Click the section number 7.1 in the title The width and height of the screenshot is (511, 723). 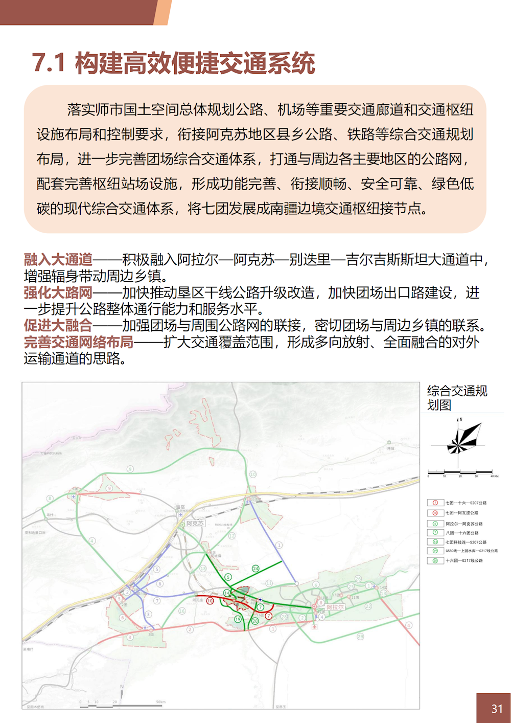click(49, 63)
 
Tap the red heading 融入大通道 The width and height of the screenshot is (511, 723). click(58, 260)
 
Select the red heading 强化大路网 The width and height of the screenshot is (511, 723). click(58, 293)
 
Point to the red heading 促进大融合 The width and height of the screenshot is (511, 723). click(58, 326)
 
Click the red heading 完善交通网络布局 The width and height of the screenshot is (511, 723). click(79, 342)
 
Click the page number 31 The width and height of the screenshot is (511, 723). click(497, 709)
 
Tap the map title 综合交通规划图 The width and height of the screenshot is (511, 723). click(457, 398)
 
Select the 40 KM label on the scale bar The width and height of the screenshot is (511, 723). click(494, 477)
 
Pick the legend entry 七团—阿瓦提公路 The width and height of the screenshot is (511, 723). click(462, 513)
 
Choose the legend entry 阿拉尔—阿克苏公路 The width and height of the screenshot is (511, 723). click(464, 524)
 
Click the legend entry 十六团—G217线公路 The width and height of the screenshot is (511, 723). click(464, 560)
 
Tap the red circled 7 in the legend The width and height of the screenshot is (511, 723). click(435, 503)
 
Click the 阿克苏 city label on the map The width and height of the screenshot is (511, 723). click(195, 524)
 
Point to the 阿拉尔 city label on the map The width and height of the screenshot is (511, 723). click(335, 607)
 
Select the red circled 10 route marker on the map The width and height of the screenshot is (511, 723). click(210, 601)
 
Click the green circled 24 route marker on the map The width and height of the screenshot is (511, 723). click(255, 569)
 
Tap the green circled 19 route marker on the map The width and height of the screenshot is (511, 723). click(238, 619)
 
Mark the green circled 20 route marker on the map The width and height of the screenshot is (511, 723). click(255, 621)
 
